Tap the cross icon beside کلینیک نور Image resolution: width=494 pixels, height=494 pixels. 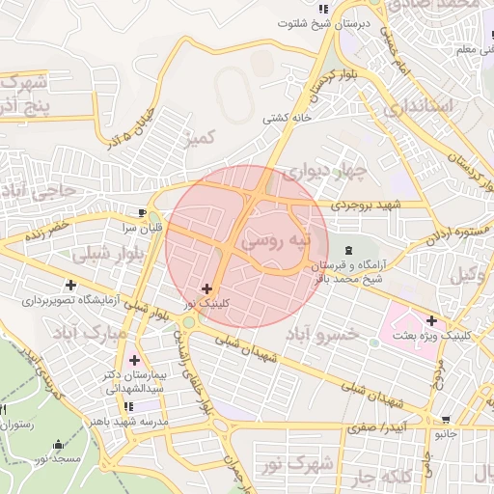pos(206,288)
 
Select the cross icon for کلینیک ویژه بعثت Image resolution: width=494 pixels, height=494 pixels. pos(431,320)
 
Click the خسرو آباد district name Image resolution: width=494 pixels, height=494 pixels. pos(323,333)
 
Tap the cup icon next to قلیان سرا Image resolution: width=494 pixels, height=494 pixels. pos(143,212)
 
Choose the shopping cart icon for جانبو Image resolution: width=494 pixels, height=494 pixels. pos(445,420)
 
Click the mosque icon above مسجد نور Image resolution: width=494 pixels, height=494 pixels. pos(59,446)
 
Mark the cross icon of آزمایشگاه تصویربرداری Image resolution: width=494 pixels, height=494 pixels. pos(70,285)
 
